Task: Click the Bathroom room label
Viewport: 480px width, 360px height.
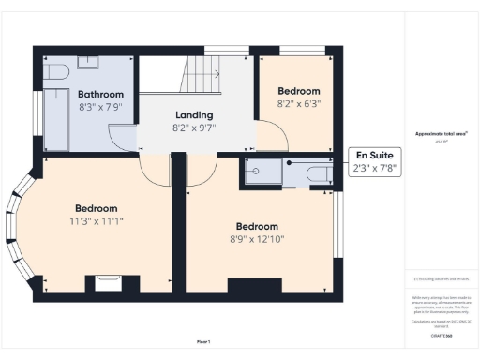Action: (x=100, y=94)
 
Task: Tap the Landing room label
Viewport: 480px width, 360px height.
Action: (x=194, y=113)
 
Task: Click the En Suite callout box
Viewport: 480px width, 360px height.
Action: (x=375, y=161)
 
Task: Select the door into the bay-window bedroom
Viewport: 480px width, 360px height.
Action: (x=155, y=169)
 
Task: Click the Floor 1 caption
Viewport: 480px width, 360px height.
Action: (x=203, y=341)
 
